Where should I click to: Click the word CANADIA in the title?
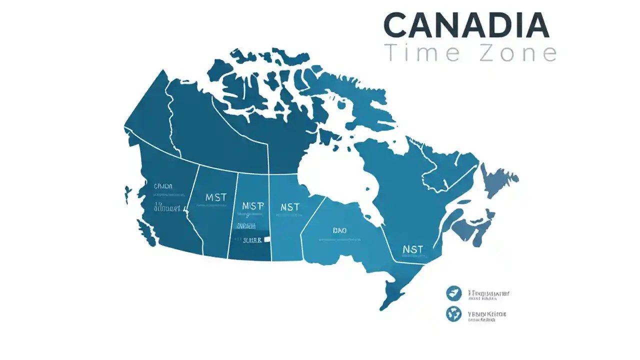[x=466, y=24]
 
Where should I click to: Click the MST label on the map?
[x=216, y=197]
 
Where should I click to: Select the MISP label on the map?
[x=252, y=206]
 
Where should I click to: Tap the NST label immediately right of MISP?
[x=289, y=206]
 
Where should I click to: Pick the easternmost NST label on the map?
[x=412, y=249]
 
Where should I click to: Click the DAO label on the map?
[x=339, y=230]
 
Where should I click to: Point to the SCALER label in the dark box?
[x=252, y=240]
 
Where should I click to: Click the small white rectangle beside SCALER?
[x=267, y=239]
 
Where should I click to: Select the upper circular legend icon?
[x=453, y=293]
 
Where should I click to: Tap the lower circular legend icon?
[x=453, y=314]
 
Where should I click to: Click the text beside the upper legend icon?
[x=488, y=294]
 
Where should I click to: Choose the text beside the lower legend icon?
[x=486, y=315]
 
